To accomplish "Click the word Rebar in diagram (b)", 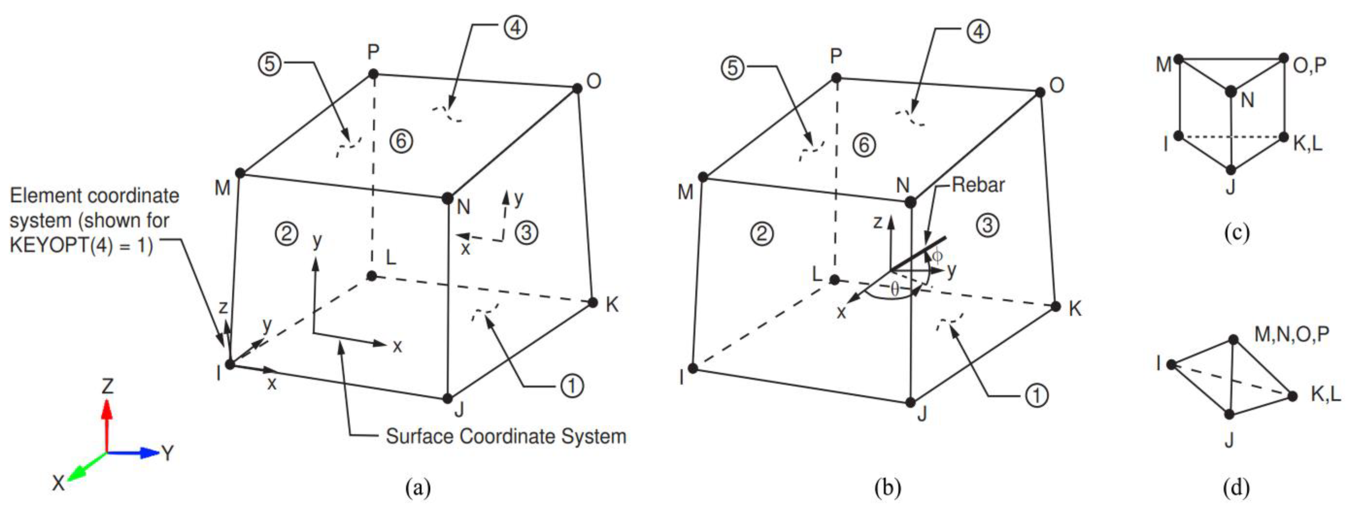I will click(977, 185).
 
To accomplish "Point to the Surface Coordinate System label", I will click(505, 436).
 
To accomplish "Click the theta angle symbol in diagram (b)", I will click(895, 288).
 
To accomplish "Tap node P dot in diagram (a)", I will click(373, 74).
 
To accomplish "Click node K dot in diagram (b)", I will click(1056, 306).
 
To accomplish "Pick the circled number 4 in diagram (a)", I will click(516, 28).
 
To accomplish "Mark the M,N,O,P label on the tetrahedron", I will click(1291, 334).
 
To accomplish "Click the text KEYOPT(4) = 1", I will click(81, 245).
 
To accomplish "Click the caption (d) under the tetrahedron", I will click(1236, 487).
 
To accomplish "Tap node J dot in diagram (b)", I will click(910, 402).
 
